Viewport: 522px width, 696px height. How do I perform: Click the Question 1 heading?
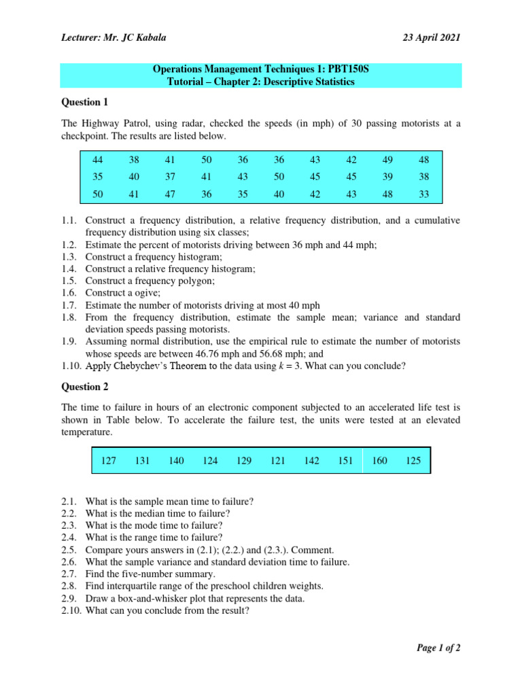(85, 102)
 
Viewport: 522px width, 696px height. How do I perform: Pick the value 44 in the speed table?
(97, 160)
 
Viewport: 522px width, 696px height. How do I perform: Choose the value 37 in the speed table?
(170, 177)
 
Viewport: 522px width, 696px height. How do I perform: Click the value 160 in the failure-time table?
(379, 461)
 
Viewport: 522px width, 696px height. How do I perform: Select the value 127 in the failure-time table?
(109, 461)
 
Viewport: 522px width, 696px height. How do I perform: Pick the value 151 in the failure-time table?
(345, 461)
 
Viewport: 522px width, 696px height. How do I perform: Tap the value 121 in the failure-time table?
(277, 461)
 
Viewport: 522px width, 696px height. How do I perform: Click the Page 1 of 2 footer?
(438, 648)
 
